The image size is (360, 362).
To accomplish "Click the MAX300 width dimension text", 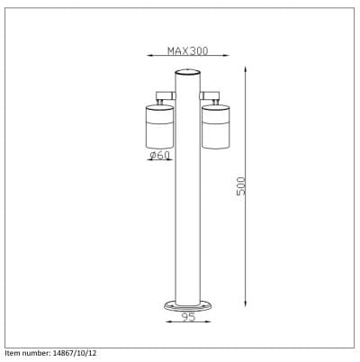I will (x=187, y=51).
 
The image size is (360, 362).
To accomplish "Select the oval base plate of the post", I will (x=187, y=305).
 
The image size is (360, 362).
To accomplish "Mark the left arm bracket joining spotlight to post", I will (x=164, y=95).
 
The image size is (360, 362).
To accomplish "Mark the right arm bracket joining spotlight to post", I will (x=211, y=95).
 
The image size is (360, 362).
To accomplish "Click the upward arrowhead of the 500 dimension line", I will (x=245, y=66).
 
